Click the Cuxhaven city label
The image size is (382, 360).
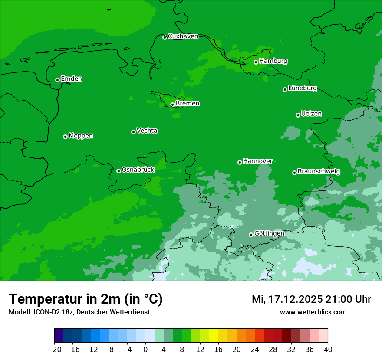[x=183, y=36]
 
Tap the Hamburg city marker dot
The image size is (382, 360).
[x=256, y=62]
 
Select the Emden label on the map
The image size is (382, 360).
[x=71, y=79]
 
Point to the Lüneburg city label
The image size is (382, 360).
[x=302, y=88]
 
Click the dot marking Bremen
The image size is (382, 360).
[x=172, y=105]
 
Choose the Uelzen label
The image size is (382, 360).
[x=311, y=114]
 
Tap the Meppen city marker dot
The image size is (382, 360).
[x=65, y=137]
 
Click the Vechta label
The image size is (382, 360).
[x=147, y=131]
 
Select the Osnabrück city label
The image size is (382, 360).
[x=138, y=170]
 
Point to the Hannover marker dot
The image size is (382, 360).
[x=240, y=162]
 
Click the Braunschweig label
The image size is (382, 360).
[x=319, y=172]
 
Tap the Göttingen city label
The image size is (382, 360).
[x=269, y=233]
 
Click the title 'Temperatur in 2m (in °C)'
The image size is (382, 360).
[x=86, y=299]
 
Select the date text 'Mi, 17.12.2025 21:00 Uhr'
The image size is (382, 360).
[x=311, y=299]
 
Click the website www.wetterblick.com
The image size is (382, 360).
[x=313, y=312]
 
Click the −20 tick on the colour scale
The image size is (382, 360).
[x=54, y=349]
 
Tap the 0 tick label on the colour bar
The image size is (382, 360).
[x=145, y=349]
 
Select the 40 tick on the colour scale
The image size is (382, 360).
[x=328, y=349]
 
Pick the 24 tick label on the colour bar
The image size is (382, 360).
[x=255, y=349]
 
